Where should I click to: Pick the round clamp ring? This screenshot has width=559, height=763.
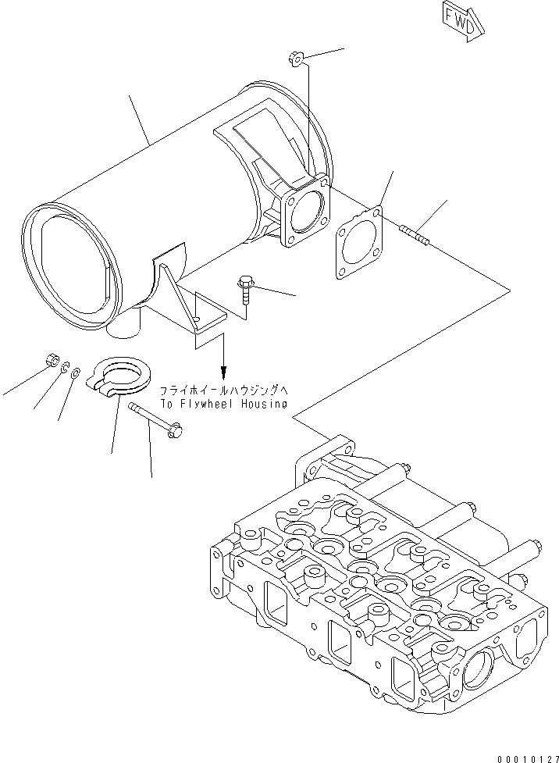pyautogui.click(x=120, y=376)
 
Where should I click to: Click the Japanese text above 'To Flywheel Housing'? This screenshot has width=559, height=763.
pyautogui.click(x=223, y=390)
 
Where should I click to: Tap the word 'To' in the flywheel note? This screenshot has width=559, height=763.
pyautogui.click(x=166, y=404)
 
